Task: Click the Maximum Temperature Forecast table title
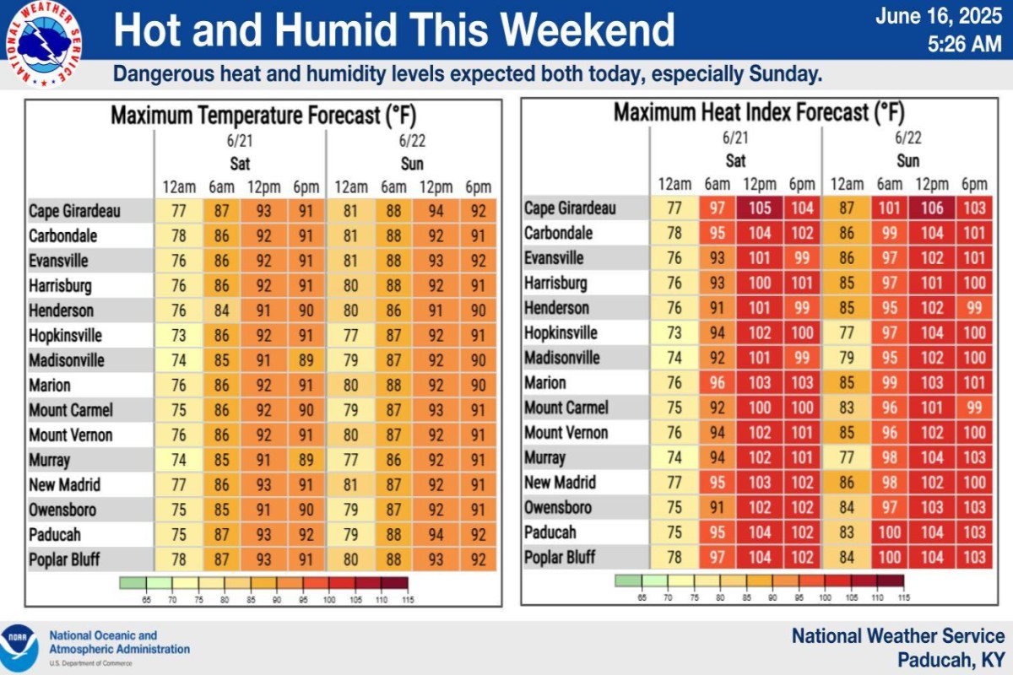[263, 115]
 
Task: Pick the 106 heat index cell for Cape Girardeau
[932, 208]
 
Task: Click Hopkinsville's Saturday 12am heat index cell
[674, 332]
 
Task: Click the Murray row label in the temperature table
[50, 461]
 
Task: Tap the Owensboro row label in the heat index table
[558, 508]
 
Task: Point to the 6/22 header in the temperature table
[411, 140]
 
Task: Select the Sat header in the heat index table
[735, 160]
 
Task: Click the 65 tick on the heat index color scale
[642, 597]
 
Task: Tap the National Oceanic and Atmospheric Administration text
[119, 642]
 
